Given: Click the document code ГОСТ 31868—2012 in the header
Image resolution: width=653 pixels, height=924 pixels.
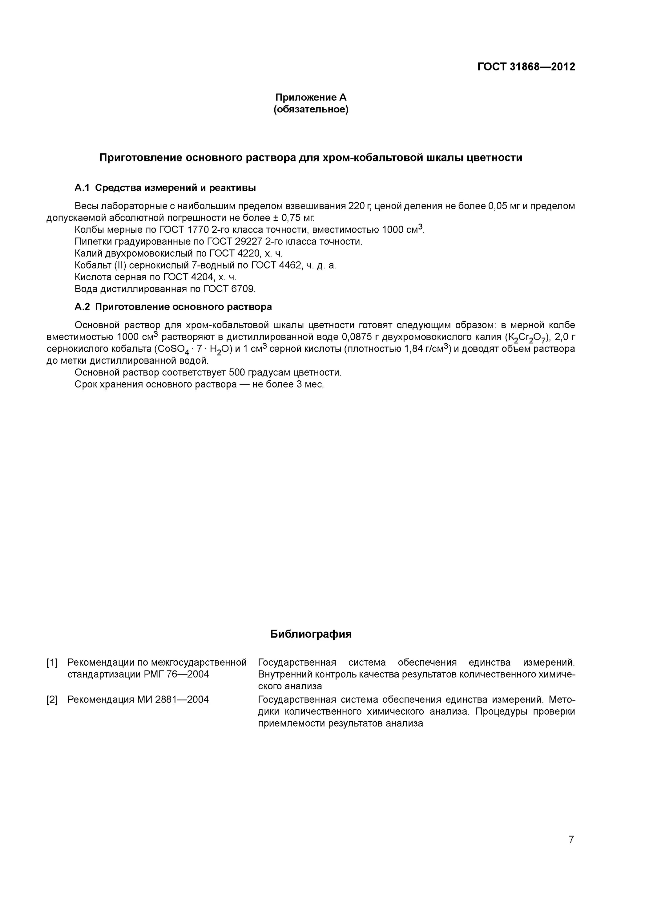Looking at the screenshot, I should [x=526, y=67].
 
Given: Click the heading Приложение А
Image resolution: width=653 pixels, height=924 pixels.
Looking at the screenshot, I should [x=311, y=97].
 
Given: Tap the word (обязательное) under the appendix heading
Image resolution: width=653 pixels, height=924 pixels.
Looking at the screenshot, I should [x=311, y=109].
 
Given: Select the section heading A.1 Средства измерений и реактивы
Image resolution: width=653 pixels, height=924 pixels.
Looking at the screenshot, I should [x=165, y=188].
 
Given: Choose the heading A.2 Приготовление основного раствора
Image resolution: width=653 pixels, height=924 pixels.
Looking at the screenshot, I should [x=173, y=307].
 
